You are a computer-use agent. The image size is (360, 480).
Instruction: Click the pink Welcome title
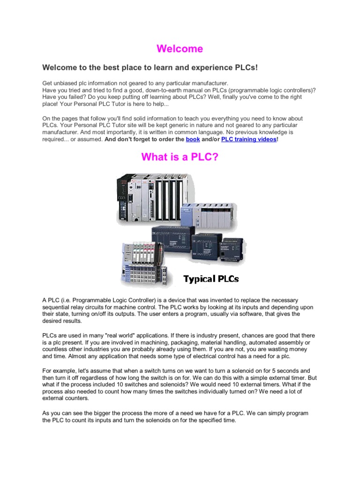(180, 49)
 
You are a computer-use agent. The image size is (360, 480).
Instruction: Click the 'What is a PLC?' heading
(180, 157)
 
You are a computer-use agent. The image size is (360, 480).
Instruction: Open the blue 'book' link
(193, 140)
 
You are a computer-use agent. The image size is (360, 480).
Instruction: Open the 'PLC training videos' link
(248, 140)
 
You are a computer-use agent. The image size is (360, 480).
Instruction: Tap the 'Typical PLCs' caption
(211, 279)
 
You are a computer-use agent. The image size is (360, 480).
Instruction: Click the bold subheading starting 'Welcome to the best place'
(150, 68)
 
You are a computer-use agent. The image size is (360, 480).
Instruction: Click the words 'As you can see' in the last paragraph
(64, 413)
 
